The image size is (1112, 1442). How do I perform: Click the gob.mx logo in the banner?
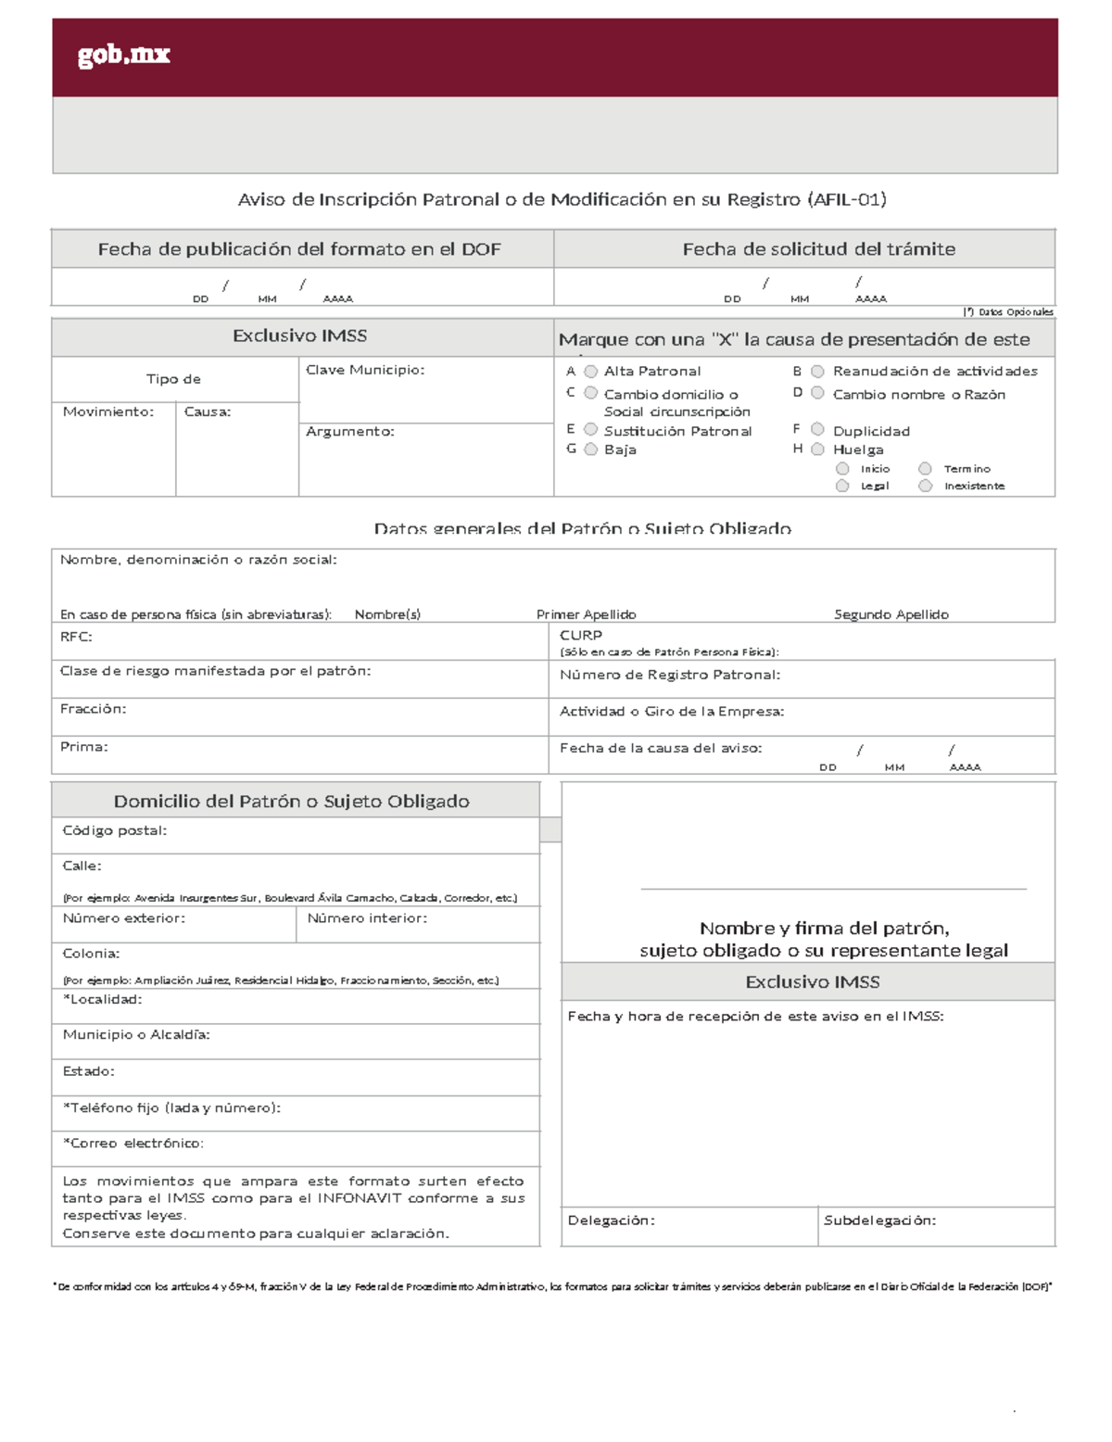point(123,56)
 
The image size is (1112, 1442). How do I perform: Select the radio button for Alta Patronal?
point(590,372)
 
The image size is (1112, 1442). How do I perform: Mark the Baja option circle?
point(590,449)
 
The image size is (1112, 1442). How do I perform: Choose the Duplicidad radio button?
point(817,429)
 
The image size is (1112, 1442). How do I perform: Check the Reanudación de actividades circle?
point(817,372)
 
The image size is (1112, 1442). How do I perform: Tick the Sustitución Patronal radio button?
point(590,430)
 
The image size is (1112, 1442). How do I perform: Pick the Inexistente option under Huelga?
point(925,486)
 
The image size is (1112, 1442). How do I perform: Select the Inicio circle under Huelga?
point(842,469)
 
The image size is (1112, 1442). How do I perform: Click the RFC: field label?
point(76,637)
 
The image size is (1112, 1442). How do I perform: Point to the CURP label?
point(581,635)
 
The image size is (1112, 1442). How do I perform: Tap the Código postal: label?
point(114,830)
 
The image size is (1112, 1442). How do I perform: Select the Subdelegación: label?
point(879,1221)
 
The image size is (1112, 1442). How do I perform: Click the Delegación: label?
point(611,1221)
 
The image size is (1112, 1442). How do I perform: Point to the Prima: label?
point(83,747)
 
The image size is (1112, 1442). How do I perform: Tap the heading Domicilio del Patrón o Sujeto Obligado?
point(291,802)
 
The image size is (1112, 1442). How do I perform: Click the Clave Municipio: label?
point(365,370)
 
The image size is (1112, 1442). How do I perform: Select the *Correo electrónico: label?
point(133,1144)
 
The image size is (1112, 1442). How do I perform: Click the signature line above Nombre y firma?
point(833,890)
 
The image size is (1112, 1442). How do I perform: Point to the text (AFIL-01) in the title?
point(846,199)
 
